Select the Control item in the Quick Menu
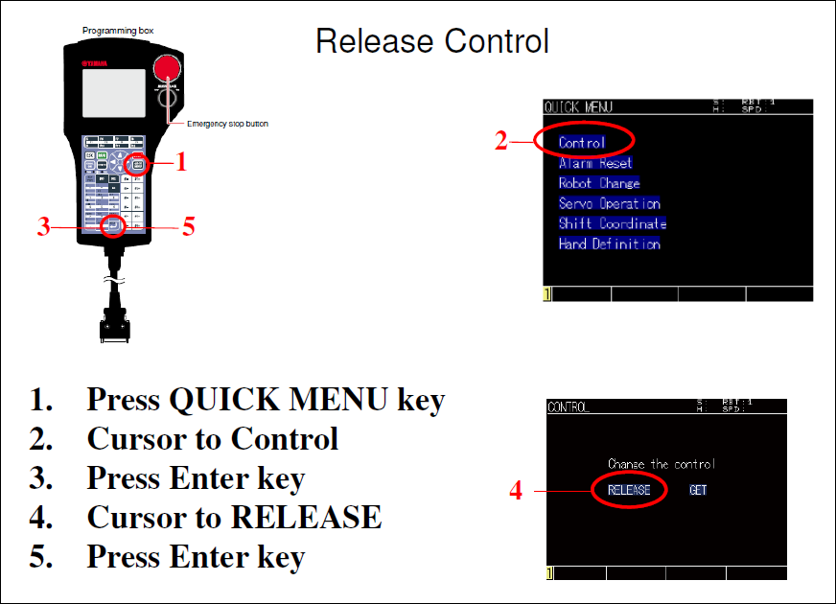(x=582, y=143)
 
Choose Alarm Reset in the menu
(x=595, y=163)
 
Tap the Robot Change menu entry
(x=599, y=183)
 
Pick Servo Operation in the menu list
(x=609, y=203)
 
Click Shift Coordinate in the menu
(x=612, y=223)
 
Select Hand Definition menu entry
(x=609, y=244)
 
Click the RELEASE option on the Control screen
(x=629, y=490)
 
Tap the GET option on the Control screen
(x=699, y=490)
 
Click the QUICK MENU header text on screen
(x=578, y=107)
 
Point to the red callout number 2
(x=500, y=142)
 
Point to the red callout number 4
(x=516, y=492)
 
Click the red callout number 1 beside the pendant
(x=181, y=164)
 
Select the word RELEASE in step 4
(x=306, y=518)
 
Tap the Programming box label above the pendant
(x=118, y=31)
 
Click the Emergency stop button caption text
(x=227, y=124)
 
